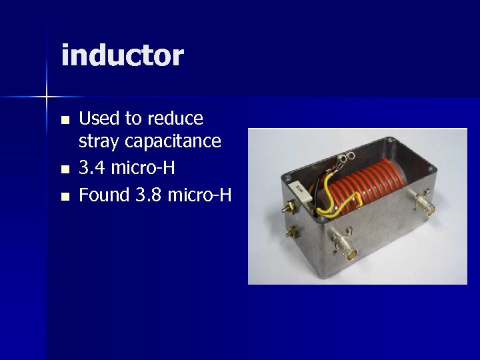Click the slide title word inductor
122,55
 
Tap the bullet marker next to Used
65,121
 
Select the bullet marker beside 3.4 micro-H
65,170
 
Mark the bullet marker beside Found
65,197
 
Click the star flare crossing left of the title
46,97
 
